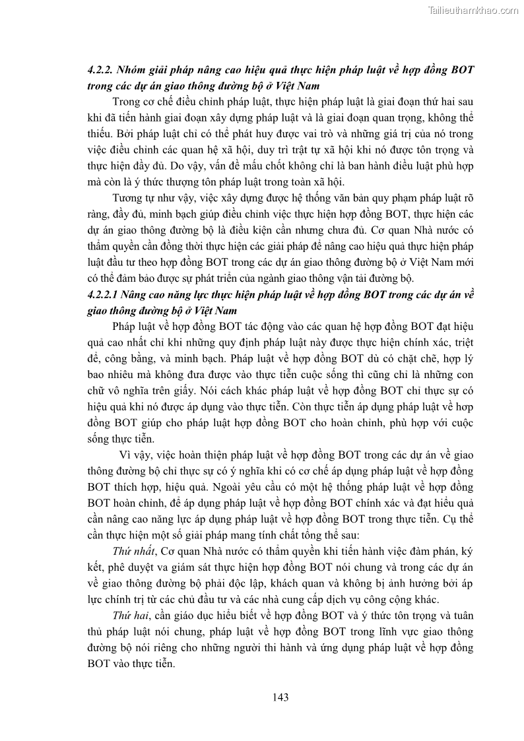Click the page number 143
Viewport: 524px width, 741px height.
click(x=280, y=697)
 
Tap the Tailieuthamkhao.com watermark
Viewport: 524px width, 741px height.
click(x=473, y=10)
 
